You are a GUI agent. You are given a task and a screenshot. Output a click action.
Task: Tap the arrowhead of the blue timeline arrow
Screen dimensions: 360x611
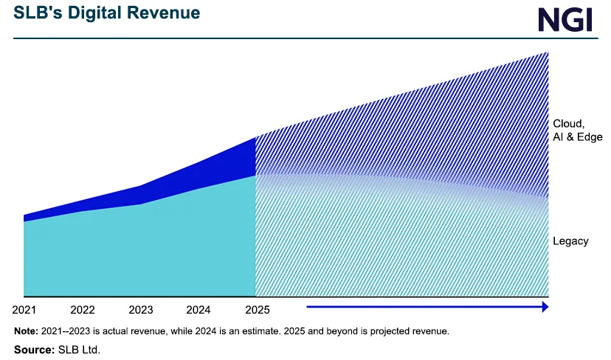pos(545,306)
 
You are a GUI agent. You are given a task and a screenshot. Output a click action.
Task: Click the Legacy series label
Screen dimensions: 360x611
pos(570,241)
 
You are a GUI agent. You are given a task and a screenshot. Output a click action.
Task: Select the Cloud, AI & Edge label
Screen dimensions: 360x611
pos(578,130)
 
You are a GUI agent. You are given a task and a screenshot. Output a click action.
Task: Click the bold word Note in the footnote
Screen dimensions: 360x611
pos(27,331)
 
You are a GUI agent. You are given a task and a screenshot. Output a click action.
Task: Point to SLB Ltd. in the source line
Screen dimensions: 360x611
pos(79,349)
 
